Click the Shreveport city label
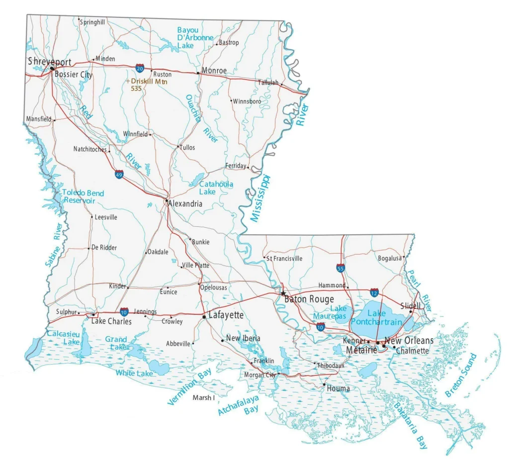coord(49,62)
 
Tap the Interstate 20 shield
coord(140,67)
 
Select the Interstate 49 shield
coord(119,175)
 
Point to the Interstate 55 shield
coord(340,269)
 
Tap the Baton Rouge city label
coord(309,299)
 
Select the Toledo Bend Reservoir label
coord(83,196)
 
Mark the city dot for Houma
coord(324,384)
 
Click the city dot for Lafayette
coord(204,316)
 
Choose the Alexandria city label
coord(185,204)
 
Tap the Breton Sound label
coord(461,375)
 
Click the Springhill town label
coord(92,22)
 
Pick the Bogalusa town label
coord(390,258)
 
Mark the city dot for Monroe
coord(198,73)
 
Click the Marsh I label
coord(203,398)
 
